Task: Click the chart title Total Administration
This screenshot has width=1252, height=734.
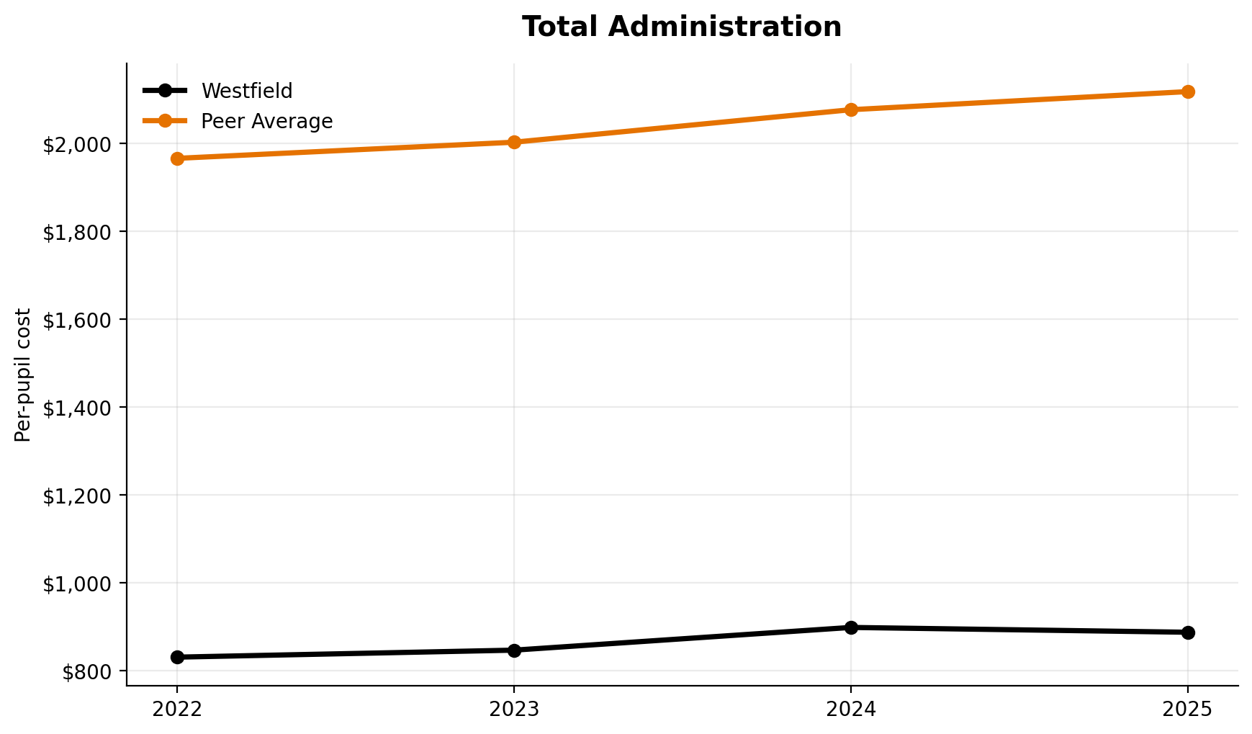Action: (681, 27)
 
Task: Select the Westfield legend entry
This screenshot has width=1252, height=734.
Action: (246, 91)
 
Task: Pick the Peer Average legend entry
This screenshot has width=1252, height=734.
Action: (266, 121)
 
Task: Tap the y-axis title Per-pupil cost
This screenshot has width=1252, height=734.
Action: (23, 375)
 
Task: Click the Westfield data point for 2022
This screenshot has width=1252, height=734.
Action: (177, 657)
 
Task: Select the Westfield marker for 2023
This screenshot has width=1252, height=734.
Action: (514, 650)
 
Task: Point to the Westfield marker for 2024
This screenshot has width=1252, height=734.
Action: (851, 627)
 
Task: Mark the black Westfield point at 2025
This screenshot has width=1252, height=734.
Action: (1188, 632)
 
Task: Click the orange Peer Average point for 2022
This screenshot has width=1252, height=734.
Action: (177, 158)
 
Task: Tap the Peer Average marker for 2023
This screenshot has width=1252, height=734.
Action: (514, 142)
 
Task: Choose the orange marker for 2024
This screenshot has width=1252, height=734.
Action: (851, 109)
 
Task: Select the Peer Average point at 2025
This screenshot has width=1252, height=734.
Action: (1188, 91)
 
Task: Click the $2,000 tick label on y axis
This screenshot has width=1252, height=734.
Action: (77, 144)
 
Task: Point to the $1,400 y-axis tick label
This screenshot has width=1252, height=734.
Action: (77, 408)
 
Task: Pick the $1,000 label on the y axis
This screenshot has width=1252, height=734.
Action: (77, 583)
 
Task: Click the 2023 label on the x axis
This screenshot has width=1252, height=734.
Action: (514, 710)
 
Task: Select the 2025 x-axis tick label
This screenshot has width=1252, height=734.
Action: (1188, 710)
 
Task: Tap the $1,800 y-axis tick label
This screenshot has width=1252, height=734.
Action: (77, 232)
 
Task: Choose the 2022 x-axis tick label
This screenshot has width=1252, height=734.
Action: (177, 710)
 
